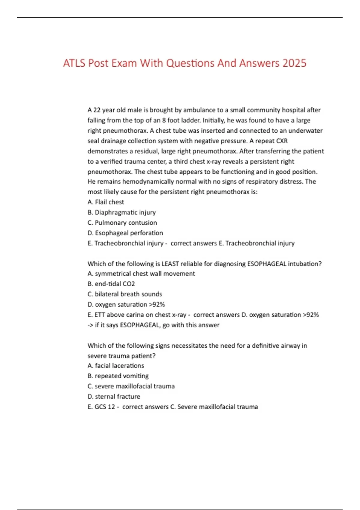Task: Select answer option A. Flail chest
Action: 106,202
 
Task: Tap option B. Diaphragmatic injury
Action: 121,212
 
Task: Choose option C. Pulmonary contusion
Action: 122,223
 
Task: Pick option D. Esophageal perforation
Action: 125,233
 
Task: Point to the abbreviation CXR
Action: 282,141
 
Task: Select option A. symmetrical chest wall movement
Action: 141,274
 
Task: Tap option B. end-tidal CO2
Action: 111,284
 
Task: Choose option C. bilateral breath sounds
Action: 124,294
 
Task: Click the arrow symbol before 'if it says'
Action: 90,325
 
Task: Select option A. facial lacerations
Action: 115,366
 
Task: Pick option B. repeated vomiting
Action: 118,376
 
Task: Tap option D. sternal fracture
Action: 114,397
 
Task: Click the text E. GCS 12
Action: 101,407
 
